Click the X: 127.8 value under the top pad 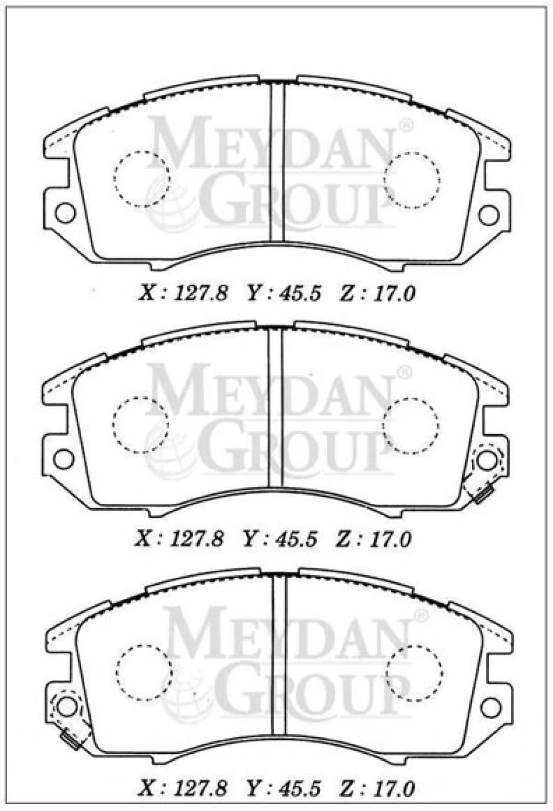click(x=183, y=294)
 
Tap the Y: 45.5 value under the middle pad click(x=280, y=540)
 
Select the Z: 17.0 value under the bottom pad click(x=377, y=786)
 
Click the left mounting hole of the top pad click(x=65, y=213)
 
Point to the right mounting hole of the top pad click(x=489, y=214)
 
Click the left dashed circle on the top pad click(x=141, y=179)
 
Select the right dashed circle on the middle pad click(x=410, y=426)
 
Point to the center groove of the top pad click(x=278, y=161)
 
